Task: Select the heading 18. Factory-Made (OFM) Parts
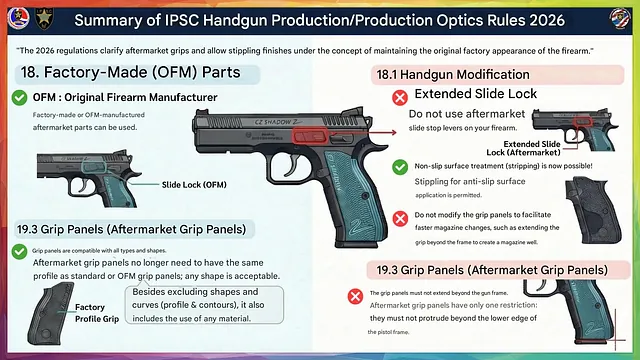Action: pos(135,73)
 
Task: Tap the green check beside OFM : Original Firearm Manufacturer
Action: pos(19,97)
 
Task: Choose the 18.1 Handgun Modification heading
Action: pos(452,74)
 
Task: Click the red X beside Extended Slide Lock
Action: pos(399,96)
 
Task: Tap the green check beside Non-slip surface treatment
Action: pos(399,166)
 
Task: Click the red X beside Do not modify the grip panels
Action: pos(399,216)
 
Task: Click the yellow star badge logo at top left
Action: pos(43,18)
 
